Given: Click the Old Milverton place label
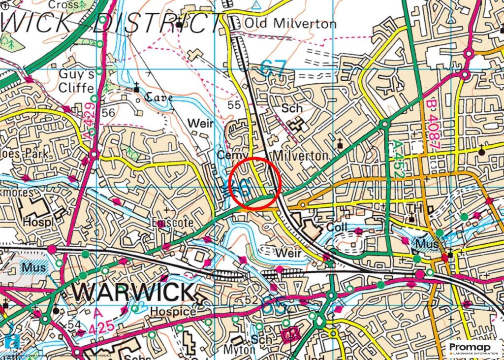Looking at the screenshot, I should (x=290, y=24).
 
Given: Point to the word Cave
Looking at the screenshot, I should (x=158, y=98).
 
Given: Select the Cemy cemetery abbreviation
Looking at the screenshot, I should (x=230, y=155).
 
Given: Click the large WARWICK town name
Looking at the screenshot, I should (x=133, y=292).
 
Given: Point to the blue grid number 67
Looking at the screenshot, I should (x=273, y=68).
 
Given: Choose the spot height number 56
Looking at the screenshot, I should (x=109, y=113).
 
